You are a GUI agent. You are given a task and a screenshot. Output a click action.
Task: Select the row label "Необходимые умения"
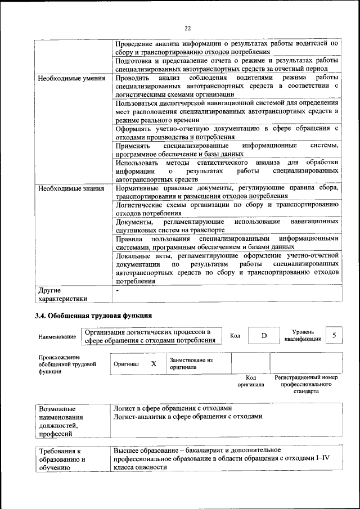point(71,78)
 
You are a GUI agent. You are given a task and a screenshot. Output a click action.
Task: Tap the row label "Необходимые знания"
point(71,188)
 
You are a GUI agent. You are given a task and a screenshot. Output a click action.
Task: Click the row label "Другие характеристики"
point(62,295)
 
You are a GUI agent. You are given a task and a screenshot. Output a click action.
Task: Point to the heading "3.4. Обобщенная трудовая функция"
point(93,316)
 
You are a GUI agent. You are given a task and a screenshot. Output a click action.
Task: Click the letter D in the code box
point(263,336)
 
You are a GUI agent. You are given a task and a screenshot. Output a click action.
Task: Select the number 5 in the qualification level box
point(334,335)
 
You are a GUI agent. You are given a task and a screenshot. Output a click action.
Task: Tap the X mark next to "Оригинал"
point(154,364)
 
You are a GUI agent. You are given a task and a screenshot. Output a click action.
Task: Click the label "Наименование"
point(57,336)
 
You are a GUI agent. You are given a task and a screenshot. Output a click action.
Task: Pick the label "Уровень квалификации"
point(303,336)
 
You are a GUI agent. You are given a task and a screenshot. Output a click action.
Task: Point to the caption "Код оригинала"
point(250,381)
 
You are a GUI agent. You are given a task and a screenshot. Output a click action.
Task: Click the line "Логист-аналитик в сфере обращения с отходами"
point(188,417)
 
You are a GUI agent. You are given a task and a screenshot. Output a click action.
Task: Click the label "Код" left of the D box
point(235,336)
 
